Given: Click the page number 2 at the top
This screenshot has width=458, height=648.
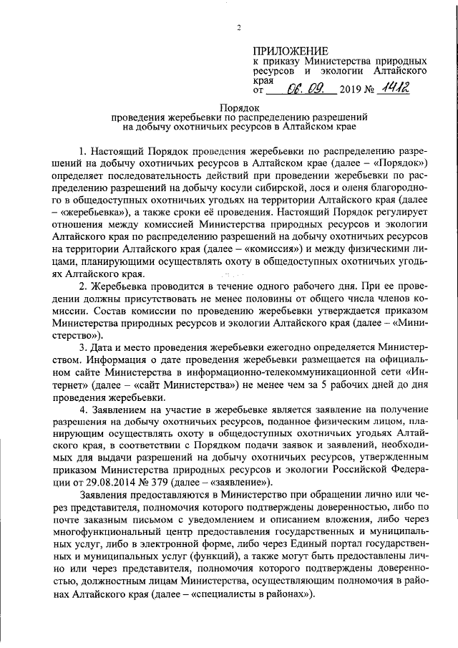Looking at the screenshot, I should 240,28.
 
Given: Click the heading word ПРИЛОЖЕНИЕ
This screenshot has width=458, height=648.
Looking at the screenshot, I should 291,52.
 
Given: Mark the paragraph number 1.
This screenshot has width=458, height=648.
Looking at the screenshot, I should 83,153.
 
